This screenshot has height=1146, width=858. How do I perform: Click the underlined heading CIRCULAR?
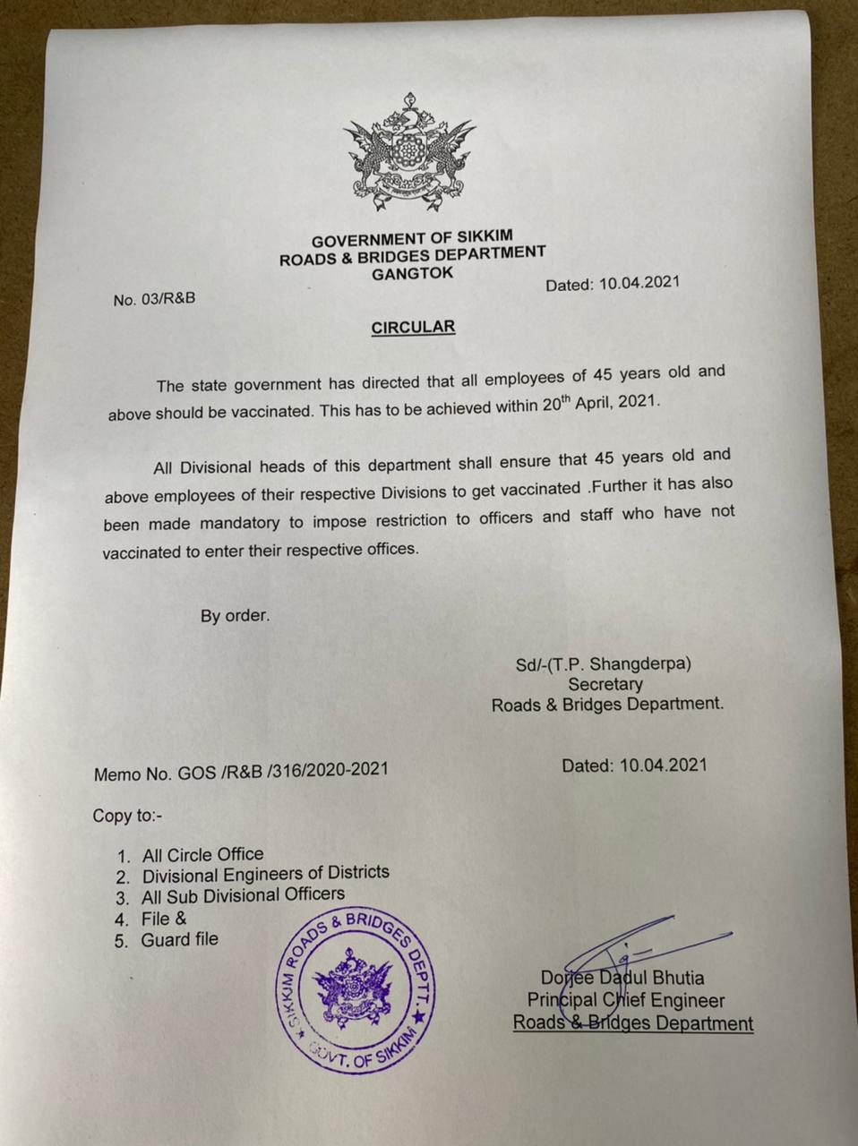413,327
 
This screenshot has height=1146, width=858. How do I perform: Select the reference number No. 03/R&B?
154,299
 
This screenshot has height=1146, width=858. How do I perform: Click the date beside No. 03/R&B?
613,284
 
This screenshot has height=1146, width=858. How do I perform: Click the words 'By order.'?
235,616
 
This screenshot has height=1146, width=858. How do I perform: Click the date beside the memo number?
634,765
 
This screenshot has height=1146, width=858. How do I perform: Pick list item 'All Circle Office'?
202,855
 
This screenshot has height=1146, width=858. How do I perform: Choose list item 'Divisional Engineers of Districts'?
265,873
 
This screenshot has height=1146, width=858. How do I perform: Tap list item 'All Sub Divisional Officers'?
243,894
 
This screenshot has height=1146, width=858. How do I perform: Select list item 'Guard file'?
179,940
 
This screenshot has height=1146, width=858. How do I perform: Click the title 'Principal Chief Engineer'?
625,1001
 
